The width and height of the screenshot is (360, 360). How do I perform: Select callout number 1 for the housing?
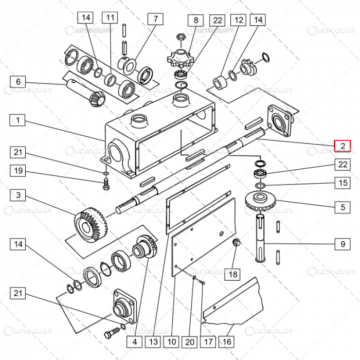click(18, 120)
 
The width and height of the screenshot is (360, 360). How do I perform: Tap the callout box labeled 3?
click(18, 195)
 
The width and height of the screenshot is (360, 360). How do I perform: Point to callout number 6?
click(18, 82)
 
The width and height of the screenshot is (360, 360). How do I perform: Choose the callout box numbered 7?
click(155, 20)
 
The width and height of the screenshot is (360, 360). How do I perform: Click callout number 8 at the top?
click(195, 21)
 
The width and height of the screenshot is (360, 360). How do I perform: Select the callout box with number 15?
click(343, 183)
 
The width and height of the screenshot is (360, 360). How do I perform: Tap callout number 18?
click(233, 274)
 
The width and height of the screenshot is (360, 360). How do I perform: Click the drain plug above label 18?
click(237, 243)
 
